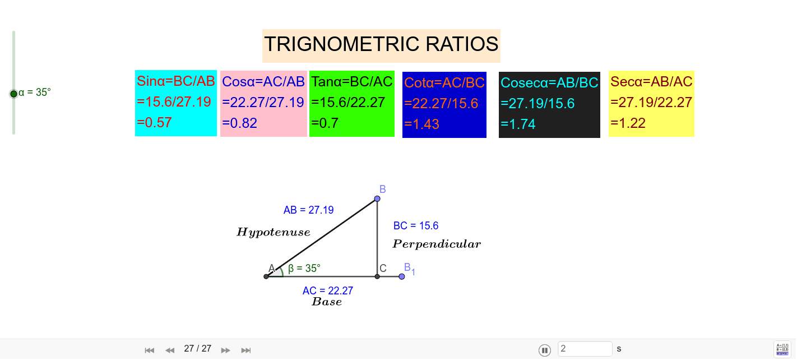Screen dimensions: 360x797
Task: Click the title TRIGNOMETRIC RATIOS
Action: coord(381,44)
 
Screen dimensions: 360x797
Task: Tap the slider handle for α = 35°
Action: coord(13,94)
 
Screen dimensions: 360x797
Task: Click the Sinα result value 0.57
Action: coord(154,123)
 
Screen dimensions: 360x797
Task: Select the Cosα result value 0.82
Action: coord(240,123)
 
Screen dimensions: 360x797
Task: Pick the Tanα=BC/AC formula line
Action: coord(352,82)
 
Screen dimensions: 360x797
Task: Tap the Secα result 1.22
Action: coord(628,123)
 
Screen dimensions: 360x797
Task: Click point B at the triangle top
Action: coord(377,199)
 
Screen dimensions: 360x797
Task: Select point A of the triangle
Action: coord(266,276)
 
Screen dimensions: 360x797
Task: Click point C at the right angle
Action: coord(377,276)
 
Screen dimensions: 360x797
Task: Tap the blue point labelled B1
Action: coord(402,276)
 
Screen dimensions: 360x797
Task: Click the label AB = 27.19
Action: coord(308,210)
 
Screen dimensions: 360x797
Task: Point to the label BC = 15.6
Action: coord(416,226)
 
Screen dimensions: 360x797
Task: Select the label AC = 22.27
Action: coord(328,290)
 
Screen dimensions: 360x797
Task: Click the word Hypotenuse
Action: coord(274,232)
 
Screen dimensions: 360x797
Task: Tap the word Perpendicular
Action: coord(437,244)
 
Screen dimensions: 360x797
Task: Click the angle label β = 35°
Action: coord(304,269)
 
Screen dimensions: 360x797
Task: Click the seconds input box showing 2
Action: coord(585,349)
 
